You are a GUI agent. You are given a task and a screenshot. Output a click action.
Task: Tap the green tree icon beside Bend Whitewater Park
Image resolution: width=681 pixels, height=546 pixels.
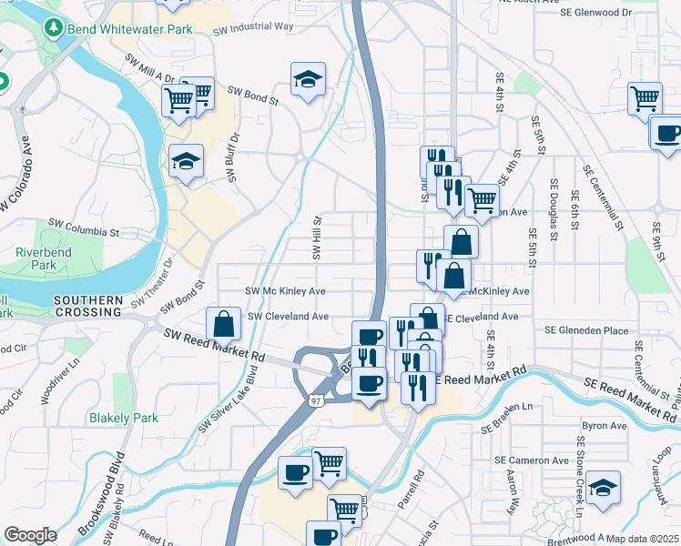point(52,28)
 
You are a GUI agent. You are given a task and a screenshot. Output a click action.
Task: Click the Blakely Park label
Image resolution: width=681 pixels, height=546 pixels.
point(123,418)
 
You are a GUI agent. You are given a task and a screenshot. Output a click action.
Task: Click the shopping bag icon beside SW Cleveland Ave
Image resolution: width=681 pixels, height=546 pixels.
point(223,323)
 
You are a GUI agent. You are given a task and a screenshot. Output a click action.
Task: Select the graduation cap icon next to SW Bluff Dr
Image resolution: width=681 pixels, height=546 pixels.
point(187,161)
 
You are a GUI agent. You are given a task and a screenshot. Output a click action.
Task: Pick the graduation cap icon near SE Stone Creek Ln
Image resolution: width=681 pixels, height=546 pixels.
point(603,487)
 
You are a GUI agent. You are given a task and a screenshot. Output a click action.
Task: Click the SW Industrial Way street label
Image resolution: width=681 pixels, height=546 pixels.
point(253,30)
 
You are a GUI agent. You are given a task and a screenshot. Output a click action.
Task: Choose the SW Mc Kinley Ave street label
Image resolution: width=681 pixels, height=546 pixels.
point(286,291)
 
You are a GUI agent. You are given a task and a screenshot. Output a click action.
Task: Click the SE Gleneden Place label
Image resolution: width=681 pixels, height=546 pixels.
point(586,330)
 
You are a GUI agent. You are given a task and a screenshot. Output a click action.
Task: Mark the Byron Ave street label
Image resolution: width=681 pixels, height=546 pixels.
point(605,425)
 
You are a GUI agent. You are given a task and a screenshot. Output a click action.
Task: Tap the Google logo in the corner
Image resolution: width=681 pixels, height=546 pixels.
point(30,534)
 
